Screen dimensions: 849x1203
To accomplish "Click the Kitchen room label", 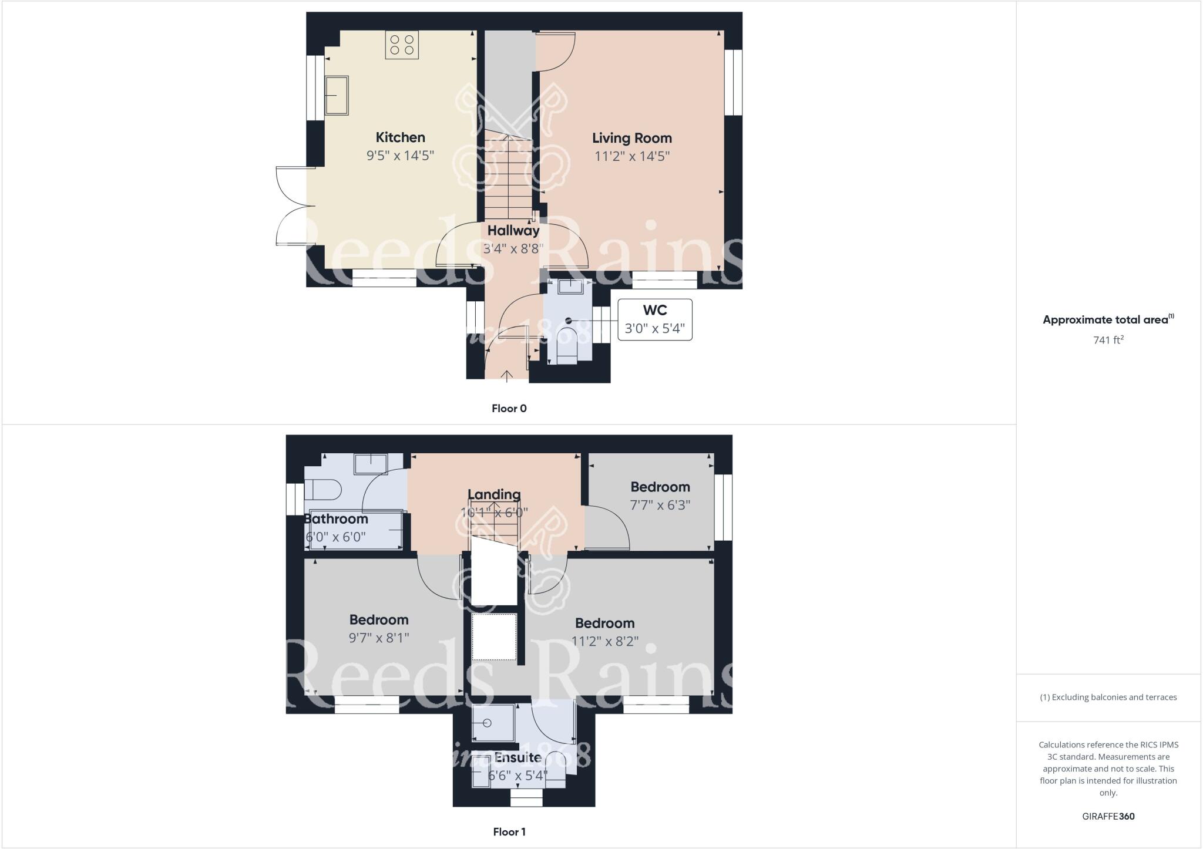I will click(x=400, y=137).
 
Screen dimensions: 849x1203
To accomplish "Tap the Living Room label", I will click(x=631, y=138).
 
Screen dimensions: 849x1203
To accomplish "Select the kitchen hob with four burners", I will click(x=402, y=45).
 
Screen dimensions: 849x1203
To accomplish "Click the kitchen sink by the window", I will click(x=337, y=95).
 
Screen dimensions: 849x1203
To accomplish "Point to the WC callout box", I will click(x=654, y=319).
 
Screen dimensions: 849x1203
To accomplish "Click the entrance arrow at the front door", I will click(x=507, y=376).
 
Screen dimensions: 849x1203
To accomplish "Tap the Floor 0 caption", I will click(x=509, y=409).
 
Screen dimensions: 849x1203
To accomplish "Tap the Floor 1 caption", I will click(x=509, y=831).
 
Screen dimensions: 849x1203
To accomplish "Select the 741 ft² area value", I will click(x=1108, y=340).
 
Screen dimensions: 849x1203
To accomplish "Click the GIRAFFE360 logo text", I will click(x=1108, y=816).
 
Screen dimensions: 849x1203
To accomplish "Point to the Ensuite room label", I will click(x=518, y=757).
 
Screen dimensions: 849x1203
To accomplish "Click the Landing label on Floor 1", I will click(x=494, y=494).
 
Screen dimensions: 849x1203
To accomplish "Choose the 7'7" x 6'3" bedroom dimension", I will click(x=660, y=505).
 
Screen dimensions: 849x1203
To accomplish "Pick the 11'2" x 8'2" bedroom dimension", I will click(x=604, y=641).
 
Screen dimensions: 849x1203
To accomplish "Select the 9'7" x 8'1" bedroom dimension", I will click(x=379, y=638).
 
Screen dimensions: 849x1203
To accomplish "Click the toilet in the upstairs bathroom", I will click(x=324, y=489).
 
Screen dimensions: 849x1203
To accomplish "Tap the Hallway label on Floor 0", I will click(x=513, y=231).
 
